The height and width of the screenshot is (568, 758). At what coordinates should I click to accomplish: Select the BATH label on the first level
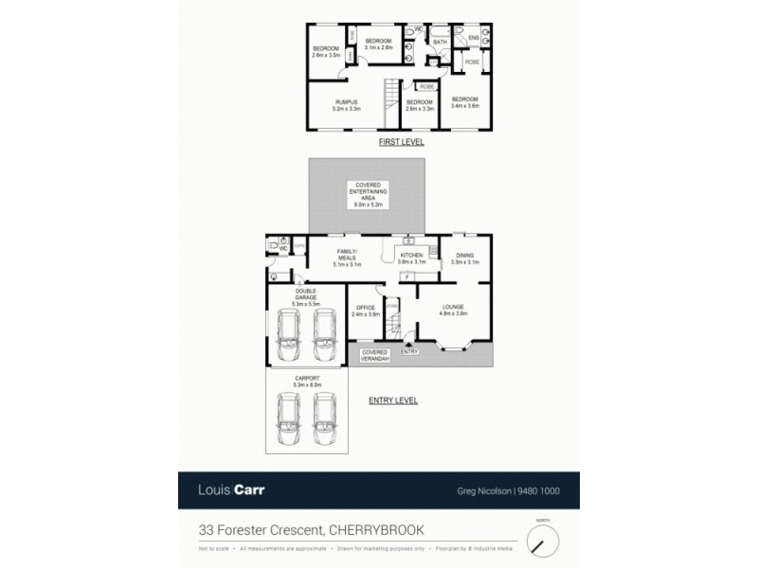point(440,43)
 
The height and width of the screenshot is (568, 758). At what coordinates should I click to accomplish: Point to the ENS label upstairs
point(473,38)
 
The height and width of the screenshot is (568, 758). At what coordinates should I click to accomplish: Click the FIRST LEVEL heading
point(400,142)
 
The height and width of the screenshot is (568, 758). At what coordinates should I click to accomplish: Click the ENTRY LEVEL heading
point(393,400)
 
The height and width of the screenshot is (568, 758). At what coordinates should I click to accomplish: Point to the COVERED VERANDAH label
point(374,354)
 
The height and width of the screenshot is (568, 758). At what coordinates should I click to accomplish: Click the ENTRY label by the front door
point(409,351)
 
